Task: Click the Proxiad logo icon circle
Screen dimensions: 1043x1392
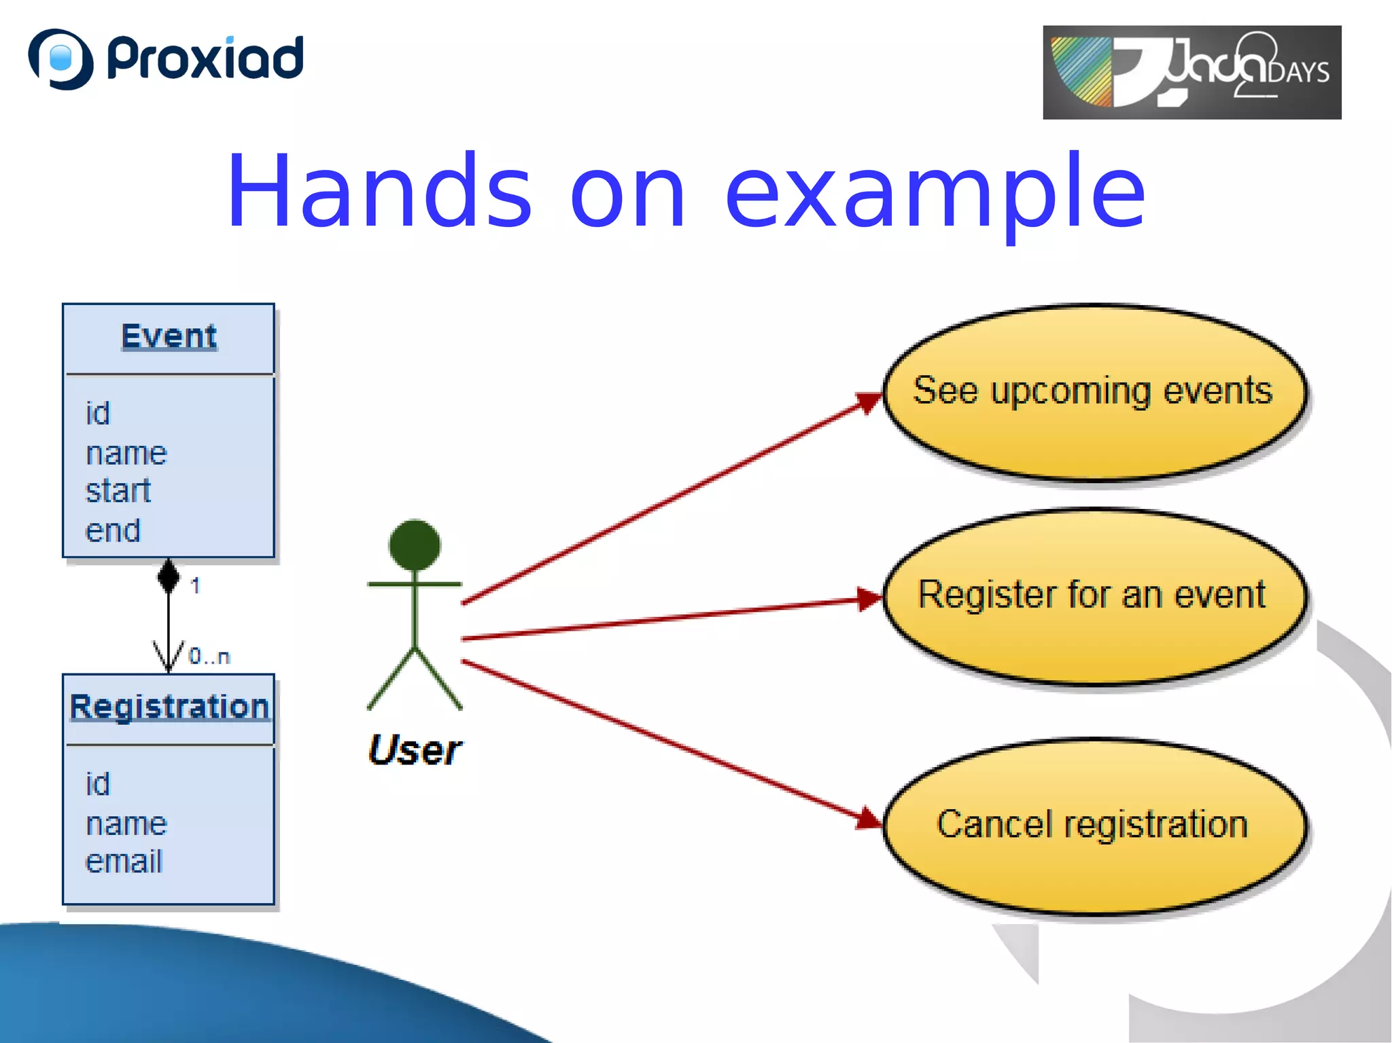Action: (x=60, y=59)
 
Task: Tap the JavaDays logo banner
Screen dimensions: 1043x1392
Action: (x=1191, y=72)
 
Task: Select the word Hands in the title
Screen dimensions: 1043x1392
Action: (x=379, y=192)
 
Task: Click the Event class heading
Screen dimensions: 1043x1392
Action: (x=169, y=336)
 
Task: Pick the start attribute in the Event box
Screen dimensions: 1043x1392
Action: (x=118, y=491)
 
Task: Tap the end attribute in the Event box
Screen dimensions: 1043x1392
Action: (x=112, y=530)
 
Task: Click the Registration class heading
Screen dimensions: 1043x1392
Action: (x=169, y=707)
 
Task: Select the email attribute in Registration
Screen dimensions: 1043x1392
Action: (x=124, y=861)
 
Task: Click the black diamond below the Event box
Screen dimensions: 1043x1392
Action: (x=169, y=576)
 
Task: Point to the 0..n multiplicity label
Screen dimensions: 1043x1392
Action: (x=209, y=656)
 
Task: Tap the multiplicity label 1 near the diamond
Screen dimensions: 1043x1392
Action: (x=195, y=585)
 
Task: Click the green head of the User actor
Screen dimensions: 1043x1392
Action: (x=415, y=545)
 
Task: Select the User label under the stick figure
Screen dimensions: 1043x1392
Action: (x=415, y=750)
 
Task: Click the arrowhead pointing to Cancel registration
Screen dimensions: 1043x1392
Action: (x=868, y=819)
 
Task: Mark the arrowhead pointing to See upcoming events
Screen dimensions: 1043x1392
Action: (x=869, y=402)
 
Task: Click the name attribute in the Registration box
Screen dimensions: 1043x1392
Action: (x=126, y=824)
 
